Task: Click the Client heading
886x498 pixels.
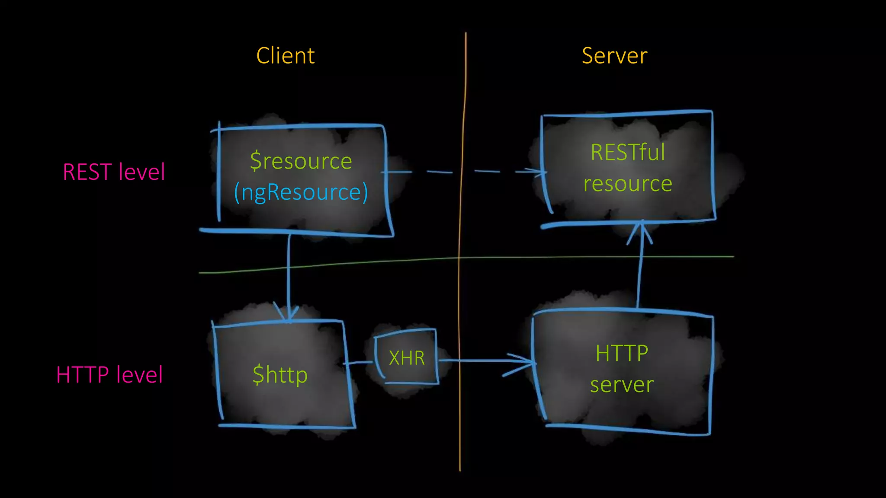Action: click(x=286, y=56)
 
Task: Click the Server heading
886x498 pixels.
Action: click(x=614, y=56)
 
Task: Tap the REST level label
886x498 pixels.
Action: click(x=114, y=172)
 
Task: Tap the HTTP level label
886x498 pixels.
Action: click(x=109, y=374)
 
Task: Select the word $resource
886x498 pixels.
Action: click(x=301, y=161)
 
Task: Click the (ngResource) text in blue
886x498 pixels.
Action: click(x=301, y=192)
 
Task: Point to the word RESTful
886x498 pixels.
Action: click(x=628, y=153)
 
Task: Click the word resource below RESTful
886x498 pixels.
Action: click(x=628, y=184)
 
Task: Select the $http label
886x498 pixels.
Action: click(x=280, y=374)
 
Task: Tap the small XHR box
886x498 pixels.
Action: click(x=407, y=358)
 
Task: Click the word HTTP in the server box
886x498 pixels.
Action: click(x=622, y=353)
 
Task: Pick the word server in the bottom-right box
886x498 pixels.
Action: click(x=622, y=385)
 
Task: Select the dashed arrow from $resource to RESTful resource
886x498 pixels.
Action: click(x=463, y=172)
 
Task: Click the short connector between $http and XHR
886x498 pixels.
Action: click(x=359, y=362)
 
